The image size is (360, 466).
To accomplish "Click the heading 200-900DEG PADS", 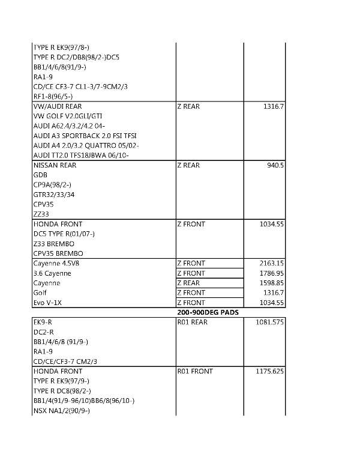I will (208, 312).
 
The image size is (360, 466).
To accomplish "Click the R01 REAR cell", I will (192, 322).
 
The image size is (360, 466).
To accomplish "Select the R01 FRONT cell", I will (194, 371).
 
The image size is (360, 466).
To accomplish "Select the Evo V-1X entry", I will (47, 303).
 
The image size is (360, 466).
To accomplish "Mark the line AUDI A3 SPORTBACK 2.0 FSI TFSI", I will (85, 136).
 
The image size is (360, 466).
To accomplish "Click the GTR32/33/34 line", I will (54, 195).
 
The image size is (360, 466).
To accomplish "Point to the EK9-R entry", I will (43, 322).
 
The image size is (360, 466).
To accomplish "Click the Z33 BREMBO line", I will (53, 244).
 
